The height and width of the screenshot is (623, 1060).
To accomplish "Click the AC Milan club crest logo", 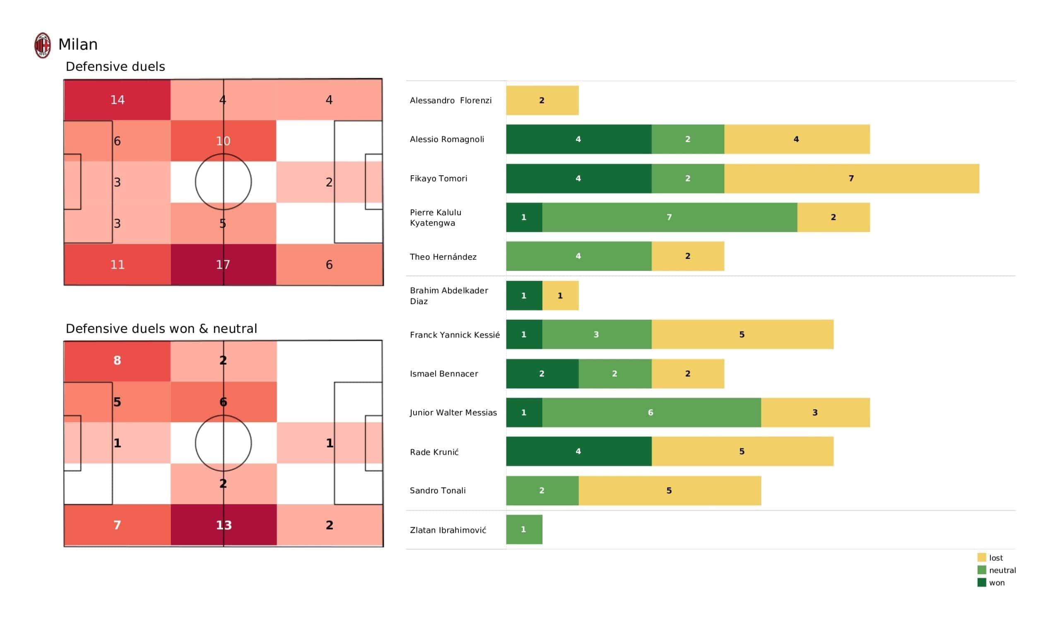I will [x=43, y=46].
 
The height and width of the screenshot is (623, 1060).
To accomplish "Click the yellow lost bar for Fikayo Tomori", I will [x=851, y=179].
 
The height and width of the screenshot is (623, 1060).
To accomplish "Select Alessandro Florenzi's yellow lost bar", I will [x=542, y=101].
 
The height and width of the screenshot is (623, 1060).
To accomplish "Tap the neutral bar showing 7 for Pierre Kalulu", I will [x=669, y=217].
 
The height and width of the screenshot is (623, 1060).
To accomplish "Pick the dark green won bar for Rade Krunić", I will [x=578, y=451].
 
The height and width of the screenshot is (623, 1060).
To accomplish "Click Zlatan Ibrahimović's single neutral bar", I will [x=524, y=529].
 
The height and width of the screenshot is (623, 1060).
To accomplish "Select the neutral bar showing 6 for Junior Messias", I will [x=651, y=413].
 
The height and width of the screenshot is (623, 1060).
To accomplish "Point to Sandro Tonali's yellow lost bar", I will [x=670, y=490].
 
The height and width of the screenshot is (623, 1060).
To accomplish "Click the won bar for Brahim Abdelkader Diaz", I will [x=524, y=295].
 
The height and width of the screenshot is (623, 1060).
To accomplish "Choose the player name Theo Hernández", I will [x=443, y=257].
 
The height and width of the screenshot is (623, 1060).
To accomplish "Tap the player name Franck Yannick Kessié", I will [x=455, y=335].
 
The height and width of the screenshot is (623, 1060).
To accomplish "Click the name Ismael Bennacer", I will [x=444, y=374].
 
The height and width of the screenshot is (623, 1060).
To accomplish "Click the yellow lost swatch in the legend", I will [x=981, y=558].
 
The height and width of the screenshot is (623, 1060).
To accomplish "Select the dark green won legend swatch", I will [x=981, y=582].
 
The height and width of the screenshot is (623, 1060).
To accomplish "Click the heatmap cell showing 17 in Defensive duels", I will [x=223, y=264].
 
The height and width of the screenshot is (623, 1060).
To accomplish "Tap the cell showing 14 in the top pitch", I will [x=117, y=100].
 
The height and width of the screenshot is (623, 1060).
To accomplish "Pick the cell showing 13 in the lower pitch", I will [x=223, y=525].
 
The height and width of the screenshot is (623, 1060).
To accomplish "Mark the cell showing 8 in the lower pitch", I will [x=117, y=361].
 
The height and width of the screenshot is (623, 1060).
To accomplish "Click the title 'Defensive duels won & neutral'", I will [x=161, y=329].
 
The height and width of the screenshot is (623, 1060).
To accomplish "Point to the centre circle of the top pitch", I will [x=223, y=182].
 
